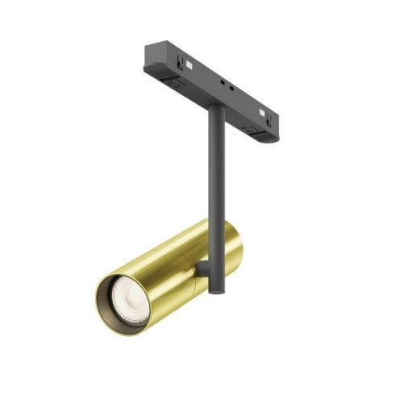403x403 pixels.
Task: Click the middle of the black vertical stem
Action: [x=214, y=177]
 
